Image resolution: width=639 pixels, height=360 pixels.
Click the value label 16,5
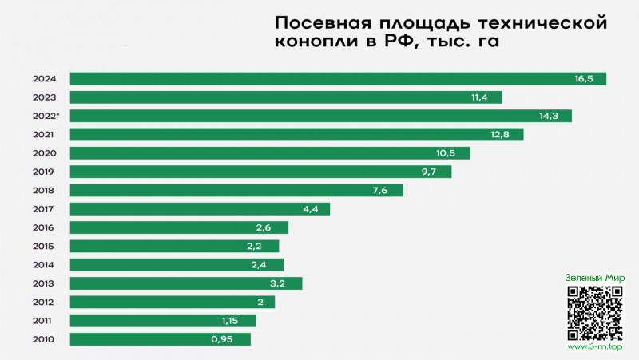(584, 78)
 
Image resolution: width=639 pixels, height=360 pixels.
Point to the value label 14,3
(549, 116)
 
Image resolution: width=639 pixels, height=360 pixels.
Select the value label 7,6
(380, 190)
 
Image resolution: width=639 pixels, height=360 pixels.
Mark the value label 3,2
(284, 283)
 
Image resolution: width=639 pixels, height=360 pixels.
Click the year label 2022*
(45, 116)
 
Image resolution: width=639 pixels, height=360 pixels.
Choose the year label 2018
(43, 190)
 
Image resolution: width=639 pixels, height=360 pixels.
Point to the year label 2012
(43, 302)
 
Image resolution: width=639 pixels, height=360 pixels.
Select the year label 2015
(43, 246)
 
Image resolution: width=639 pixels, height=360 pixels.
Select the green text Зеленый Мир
(594, 277)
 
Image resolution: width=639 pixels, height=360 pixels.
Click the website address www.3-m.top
(594, 347)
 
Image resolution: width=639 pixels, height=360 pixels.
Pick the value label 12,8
(500, 134)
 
